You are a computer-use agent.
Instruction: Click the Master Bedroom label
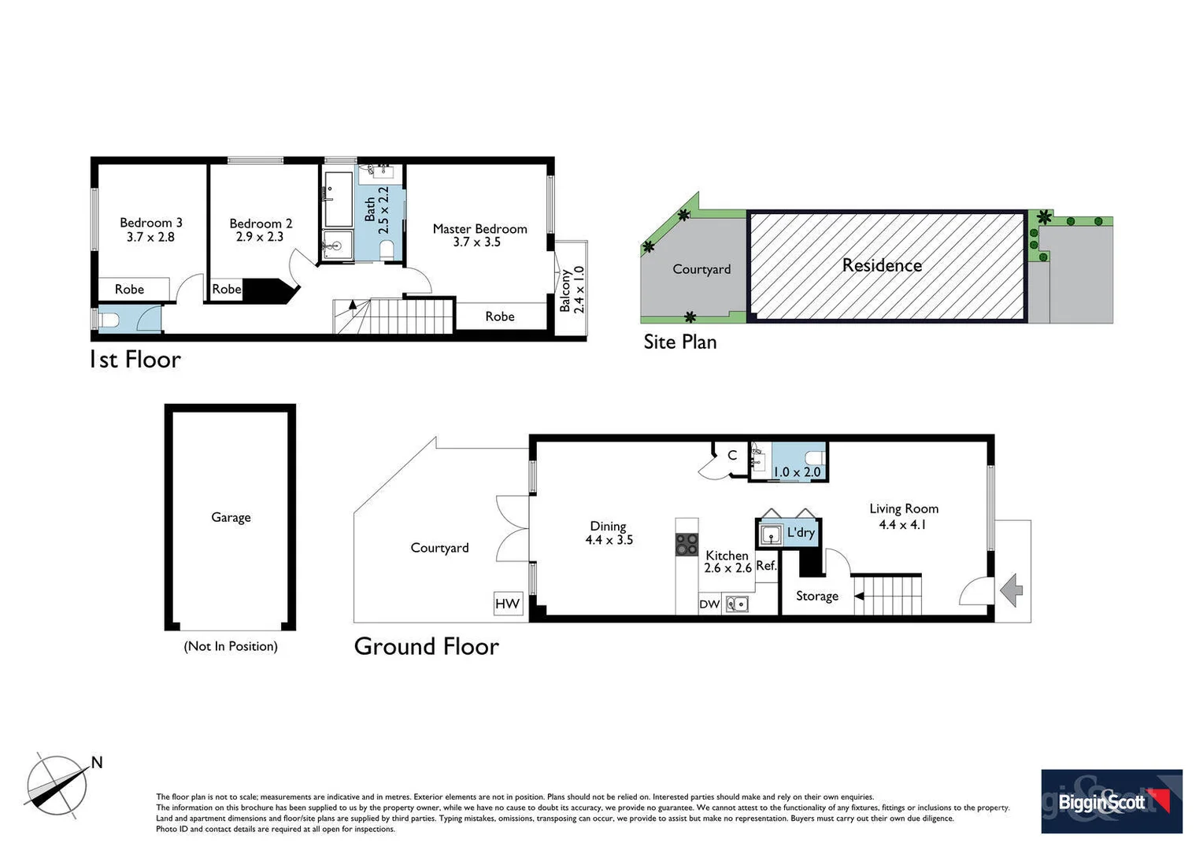[479, 228]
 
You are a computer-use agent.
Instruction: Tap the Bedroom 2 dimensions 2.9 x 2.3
[260, 237]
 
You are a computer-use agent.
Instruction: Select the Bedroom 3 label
[150, 223]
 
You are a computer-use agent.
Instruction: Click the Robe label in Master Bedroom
[500, 316]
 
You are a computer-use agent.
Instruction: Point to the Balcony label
[565, 291]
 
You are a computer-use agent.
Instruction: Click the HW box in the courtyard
[508, 604]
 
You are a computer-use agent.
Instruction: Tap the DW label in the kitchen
[709, 604]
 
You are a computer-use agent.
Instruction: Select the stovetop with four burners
[687, 544]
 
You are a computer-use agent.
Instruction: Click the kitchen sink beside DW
[737, 604]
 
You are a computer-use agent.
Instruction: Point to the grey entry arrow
[1012, 589]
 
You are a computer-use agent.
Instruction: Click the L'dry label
[801, 533]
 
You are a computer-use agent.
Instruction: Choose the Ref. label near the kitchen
[766, 566]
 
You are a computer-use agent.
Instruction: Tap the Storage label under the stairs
[816, 596]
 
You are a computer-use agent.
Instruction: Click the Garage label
[231, 517]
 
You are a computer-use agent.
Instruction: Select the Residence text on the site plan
[882, 265]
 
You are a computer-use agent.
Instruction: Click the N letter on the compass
[97, 762]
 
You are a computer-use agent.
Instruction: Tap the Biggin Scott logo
[1111, 801]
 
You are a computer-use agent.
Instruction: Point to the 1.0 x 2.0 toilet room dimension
[797, 472]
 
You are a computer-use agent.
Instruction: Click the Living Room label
[904, 508]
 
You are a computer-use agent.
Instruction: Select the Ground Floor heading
[426, 646]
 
